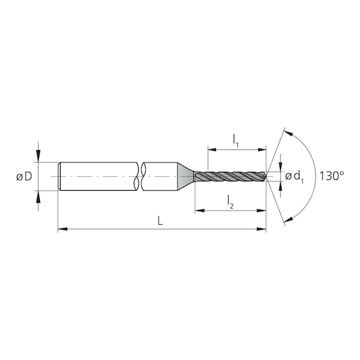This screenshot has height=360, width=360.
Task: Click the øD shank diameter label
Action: pos(24,177)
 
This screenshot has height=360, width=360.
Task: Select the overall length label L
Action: pos(161,221)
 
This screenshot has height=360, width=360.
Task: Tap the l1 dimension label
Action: pos(236,142)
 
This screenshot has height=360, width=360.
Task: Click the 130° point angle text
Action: pos(331,176)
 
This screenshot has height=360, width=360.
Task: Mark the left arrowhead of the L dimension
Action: pos(62,230)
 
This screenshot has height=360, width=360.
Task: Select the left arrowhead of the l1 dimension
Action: pos(211,150)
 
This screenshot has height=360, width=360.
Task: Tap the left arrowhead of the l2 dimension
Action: pos(199,211)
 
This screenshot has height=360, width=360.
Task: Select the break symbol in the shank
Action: pos(141,177)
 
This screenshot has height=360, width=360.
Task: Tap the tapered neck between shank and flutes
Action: pos(185,177)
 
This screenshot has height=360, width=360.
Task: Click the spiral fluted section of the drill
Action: pos(228,177)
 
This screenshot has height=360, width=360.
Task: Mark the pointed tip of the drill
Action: pos(265,177)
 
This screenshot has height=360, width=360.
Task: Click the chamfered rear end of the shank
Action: pos(59,177)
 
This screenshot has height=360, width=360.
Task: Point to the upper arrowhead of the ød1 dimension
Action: pos(281,167)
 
